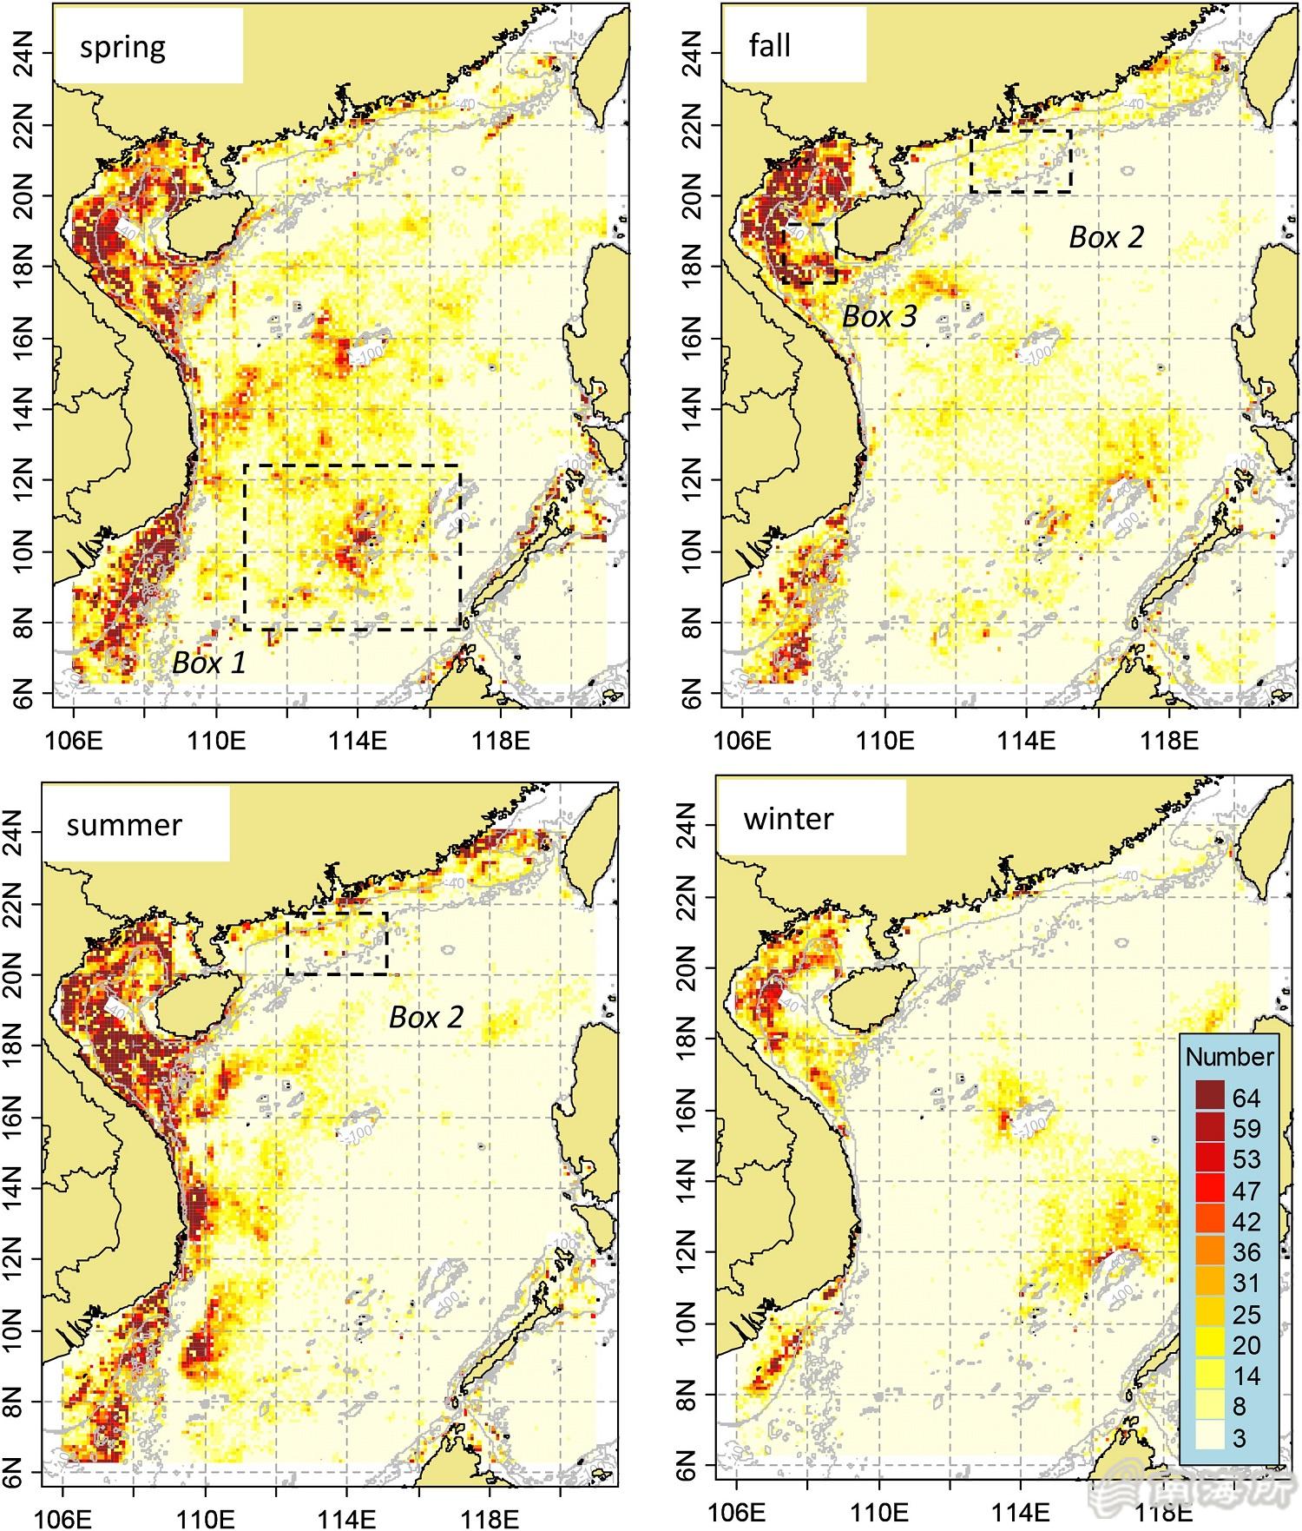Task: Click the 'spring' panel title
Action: pos(122,47)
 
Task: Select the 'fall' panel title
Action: pos(770,45)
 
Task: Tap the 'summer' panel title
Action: pos(124,824)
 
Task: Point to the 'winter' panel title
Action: pos(788,819)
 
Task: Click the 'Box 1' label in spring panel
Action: pos(209,663)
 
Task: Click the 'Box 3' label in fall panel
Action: pos(879,317)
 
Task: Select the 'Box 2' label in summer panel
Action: pos(426,1017)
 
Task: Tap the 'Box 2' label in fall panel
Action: pos(1107,237)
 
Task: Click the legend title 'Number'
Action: pos(1229,1057)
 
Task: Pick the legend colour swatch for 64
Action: pos(1209,1097)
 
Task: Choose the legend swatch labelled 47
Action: pos(1209,1190)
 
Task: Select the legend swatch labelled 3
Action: pos(1209,1437)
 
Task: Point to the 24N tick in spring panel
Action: pos(28,54)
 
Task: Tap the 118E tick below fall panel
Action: pos(1169,741)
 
